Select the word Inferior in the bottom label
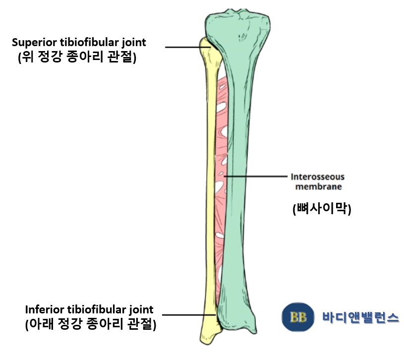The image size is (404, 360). click(x=41, y=310)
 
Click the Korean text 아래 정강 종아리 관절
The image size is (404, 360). click(x=90, y=325)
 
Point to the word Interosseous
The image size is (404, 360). click(x=317, y=177)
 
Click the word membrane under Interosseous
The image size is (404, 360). click(x=317, y=187)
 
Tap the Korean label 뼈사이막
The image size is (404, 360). click(x=322, y=209)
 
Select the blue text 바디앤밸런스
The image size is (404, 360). click(x=360, y=318)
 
